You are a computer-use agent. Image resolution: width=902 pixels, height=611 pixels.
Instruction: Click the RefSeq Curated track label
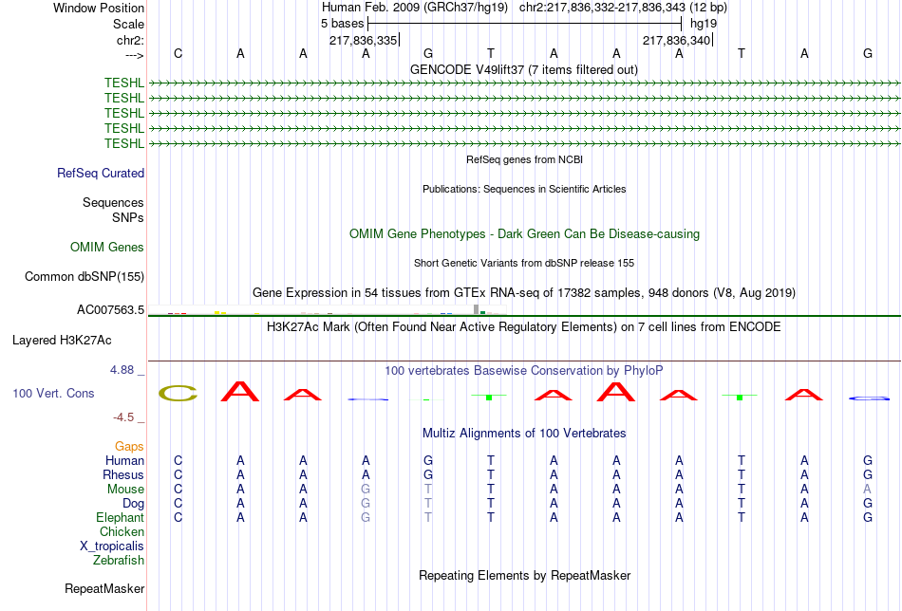101,174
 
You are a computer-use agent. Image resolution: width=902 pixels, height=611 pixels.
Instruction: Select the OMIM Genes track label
107,248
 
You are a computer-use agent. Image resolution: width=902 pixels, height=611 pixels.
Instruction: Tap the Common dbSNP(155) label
85,277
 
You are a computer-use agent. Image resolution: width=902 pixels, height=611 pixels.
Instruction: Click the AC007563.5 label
110,310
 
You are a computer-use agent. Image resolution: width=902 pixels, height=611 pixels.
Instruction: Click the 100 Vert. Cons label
53,393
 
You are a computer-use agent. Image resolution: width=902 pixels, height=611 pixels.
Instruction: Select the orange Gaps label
129,446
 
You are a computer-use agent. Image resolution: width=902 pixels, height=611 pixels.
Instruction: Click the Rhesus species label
123,474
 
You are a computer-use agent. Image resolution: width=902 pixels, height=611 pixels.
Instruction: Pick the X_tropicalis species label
112,546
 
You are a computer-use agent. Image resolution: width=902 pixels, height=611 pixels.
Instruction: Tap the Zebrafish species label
119,560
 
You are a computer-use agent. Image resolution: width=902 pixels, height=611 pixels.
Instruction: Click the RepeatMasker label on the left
104,589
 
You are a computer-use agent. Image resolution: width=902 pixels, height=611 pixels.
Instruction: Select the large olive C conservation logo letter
178,393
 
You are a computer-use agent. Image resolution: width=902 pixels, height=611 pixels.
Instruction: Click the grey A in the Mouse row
867,489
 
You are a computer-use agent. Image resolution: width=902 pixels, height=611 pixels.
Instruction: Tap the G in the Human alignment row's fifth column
428,460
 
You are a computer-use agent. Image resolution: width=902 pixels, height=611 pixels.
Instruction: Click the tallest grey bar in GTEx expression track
476,308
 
